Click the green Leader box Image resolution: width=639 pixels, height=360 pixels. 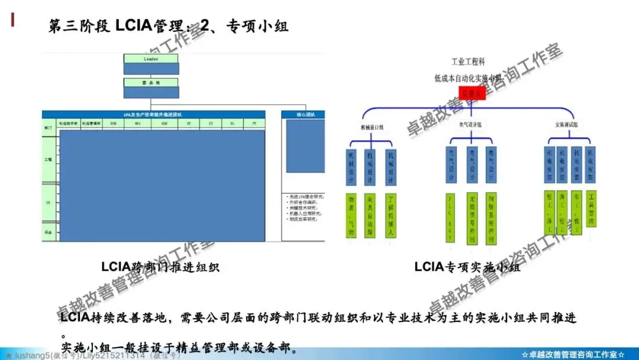[150, 59]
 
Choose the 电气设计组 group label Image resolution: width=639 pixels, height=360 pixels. [470, 125]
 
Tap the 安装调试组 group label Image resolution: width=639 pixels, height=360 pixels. [567, 125]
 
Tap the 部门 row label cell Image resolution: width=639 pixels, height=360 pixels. [48, 127]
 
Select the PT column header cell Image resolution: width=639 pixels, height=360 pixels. [254, 123]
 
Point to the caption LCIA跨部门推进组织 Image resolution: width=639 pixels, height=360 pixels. [160, 267]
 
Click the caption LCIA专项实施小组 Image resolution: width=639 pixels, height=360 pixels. [467, 267]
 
